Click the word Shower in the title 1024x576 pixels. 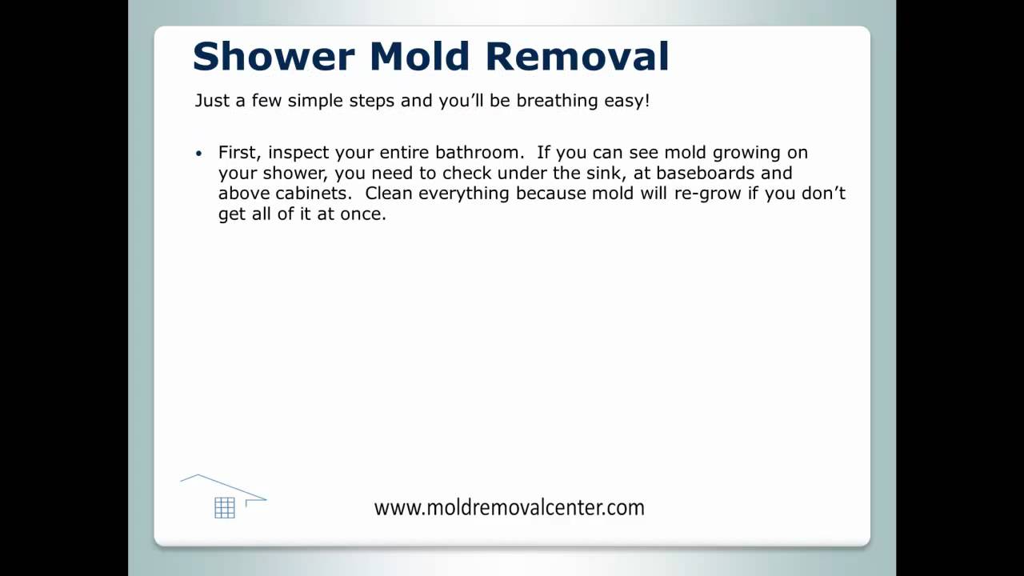click(273, 57)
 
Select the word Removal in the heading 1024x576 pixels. click(577, 57)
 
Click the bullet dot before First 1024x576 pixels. click(199, 154)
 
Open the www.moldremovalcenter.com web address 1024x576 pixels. click(509, 507)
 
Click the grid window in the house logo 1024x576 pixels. click(225, 508)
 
